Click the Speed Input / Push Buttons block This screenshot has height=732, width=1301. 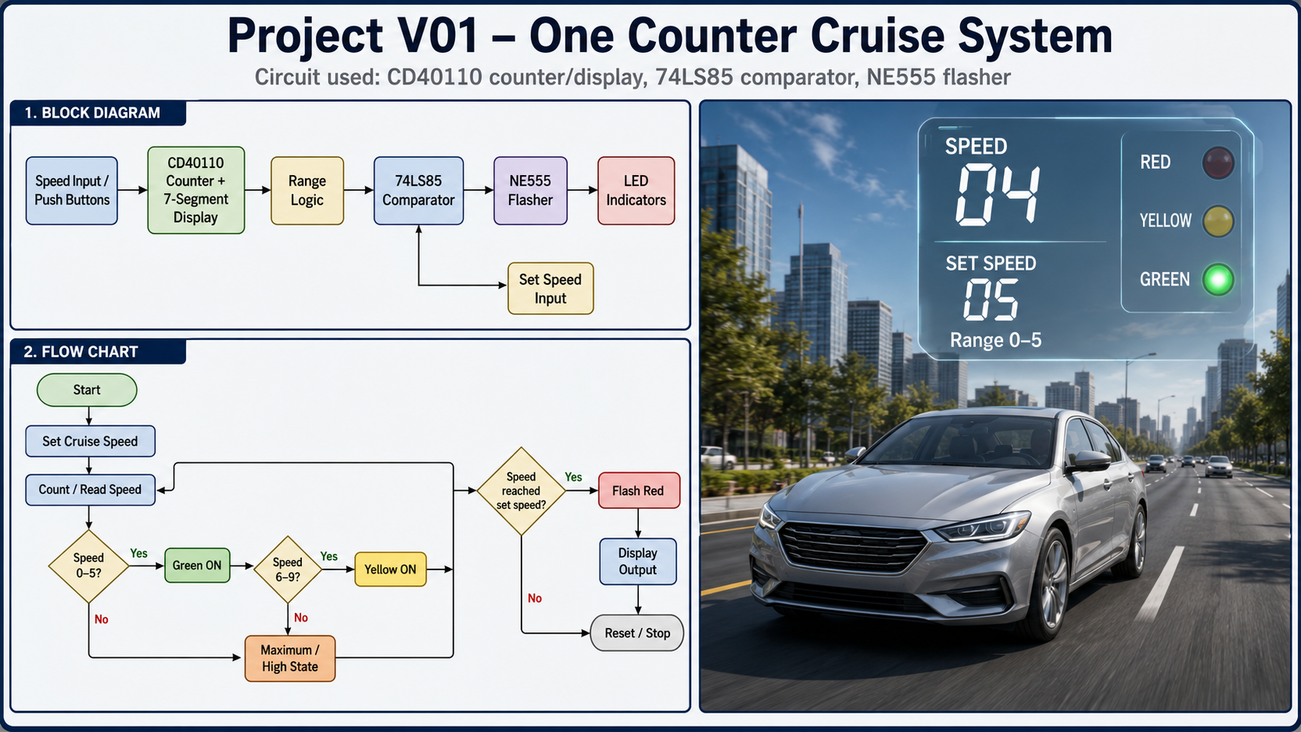[72, 191]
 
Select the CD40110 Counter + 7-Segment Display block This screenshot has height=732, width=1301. [196, 191]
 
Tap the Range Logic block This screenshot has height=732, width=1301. [307, 191]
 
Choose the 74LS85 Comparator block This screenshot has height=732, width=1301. [418, 191]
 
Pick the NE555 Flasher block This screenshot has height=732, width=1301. [530, 191]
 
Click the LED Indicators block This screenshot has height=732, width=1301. [636, 191]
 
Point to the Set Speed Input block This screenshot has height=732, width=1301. [551, 289]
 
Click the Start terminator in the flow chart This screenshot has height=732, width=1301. [87, 390]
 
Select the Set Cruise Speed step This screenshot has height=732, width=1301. [90, 441]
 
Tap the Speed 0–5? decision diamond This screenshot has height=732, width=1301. [88, 566]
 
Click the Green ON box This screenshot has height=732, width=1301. [197, 566]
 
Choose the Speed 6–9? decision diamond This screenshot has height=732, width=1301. [287, 569]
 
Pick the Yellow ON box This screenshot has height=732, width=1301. [391, 569]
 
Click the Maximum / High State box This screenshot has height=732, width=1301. [289, 658]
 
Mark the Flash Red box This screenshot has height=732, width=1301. [638, 491]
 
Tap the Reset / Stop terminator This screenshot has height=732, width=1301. [637, 632]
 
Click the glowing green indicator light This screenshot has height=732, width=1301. [1218, 280]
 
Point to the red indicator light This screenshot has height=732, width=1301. [1218, 162]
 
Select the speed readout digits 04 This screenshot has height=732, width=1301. [998, 194]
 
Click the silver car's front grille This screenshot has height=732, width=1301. [852, 546]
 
